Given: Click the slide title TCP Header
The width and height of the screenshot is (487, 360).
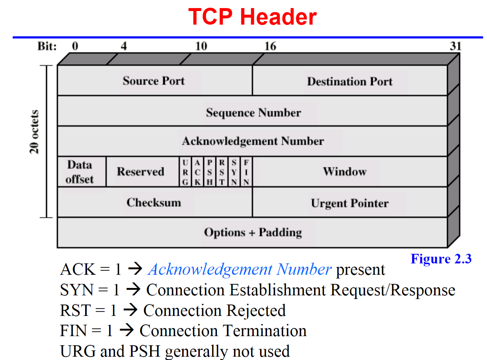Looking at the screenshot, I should pyautogui.click(x=252, y=17).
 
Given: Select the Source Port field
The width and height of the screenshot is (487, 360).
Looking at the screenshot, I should pyautogui.click(x=154, y=81).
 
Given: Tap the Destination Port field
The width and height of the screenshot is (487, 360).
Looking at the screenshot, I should pyautogui.click(x=350, y=81).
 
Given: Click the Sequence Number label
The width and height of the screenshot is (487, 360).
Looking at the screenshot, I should pyautogui.click(x=253, y=112).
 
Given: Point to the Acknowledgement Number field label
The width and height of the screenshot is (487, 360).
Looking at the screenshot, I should pyautogui.click(x=253, y=141).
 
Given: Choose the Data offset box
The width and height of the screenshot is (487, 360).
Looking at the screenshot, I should pyautogui.click(x=80, y=172).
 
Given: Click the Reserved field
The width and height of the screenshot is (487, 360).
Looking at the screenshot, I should pyautogui.click(x=141, y=172).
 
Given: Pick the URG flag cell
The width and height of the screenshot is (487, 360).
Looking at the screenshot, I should pyautogui.click(x=185, y=172).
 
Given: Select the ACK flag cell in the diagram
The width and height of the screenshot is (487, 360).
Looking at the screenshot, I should pyautogui.click(x=198, y=172).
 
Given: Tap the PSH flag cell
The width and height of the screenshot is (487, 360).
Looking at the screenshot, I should pyautogui.click(x=210, y=172).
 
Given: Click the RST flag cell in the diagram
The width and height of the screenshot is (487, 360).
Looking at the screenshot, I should pyautogui.click(x=222, y=172).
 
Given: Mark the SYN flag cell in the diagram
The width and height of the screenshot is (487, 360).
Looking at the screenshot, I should pyautogui.click(x=234, y=172).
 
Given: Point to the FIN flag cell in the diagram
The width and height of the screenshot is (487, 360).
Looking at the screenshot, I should pyautogui.click(x=246, y=172).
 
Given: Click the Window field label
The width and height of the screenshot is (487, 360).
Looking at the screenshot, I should pyautogui.click(x=345, y=172).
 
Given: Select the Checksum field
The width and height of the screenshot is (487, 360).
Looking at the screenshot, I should pyautogui.click(x=154, y=203).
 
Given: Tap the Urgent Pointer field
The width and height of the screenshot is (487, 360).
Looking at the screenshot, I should pyautogui.click(x=350, y=203).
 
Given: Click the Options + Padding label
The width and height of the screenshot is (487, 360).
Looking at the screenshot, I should pyautogui.click(x=253, y=232).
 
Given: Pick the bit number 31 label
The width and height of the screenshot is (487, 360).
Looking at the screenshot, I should pyautogui.click(x=455, y=46).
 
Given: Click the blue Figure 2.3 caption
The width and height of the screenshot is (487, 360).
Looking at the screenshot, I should pyautogui.click(x=441, y=259).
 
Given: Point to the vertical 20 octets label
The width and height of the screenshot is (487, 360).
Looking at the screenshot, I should pyautogui.click(x=34, y=132).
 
